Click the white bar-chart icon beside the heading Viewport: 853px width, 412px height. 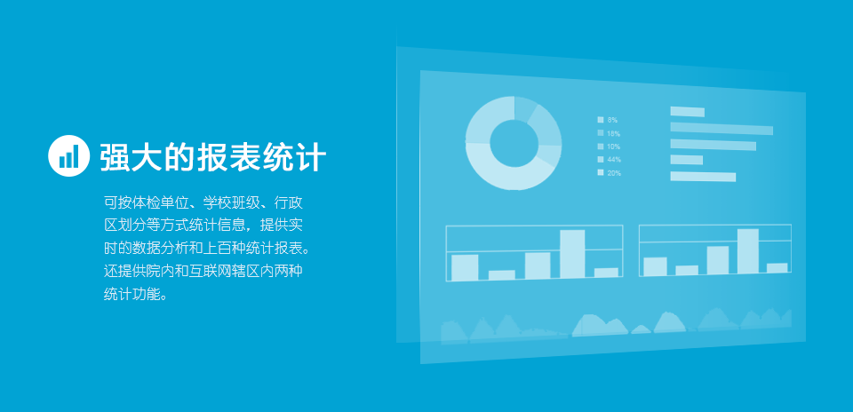pos(68,155)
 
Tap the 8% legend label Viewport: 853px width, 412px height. pos(612,120)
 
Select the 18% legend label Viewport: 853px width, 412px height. pos(614,133)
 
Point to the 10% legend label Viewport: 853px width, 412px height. pos(614,147)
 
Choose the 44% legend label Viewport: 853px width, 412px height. pos(614,159)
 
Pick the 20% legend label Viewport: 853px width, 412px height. pos(614,173)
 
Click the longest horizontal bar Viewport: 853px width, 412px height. pos(721,129)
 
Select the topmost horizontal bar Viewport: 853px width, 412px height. pos(687,111)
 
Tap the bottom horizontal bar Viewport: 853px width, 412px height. pos(703,177)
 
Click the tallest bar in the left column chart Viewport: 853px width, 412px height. pos(572,254)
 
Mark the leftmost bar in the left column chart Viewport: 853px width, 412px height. pos(465,267)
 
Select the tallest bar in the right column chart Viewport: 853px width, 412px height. pos(748,251)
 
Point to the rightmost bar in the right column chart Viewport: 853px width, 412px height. pos(777,268)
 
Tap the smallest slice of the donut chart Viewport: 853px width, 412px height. pos(525,107)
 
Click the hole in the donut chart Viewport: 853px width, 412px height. pos(514,143)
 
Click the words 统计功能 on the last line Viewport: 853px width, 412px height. pos(132,294)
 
